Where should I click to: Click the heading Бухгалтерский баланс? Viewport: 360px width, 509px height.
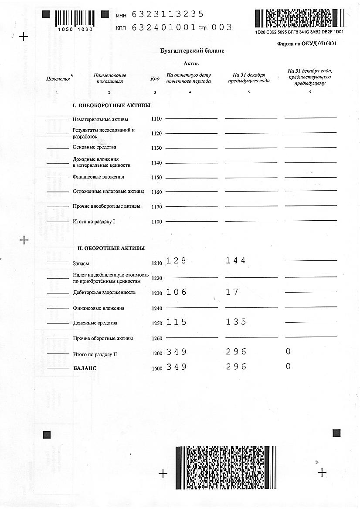(192, 51)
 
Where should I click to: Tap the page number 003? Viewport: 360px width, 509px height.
(222, 27)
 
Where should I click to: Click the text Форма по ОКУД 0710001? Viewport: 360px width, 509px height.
(307, 44)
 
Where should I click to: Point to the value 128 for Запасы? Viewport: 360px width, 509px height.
(176, 261)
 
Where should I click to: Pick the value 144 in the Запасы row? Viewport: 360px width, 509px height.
(236, 261)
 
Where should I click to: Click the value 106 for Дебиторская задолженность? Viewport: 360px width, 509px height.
(176, 292)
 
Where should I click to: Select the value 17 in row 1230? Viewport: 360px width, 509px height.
(232, 292)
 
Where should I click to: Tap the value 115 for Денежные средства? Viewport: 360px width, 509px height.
(176, 322)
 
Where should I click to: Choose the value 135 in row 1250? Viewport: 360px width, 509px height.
(236, 322)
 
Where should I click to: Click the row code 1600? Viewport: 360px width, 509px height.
(157, 368)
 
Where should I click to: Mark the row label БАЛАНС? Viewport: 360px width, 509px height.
(85, 368)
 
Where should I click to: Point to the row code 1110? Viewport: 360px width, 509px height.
(156, 119)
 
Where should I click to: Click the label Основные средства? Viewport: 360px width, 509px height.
(95, 147)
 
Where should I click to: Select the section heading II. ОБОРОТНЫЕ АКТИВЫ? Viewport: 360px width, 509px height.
(111, 248)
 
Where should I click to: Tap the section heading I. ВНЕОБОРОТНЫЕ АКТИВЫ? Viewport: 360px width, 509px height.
(111, 105)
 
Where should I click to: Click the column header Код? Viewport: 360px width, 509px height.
(155, 78)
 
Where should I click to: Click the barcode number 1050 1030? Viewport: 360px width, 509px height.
(75, 29)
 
